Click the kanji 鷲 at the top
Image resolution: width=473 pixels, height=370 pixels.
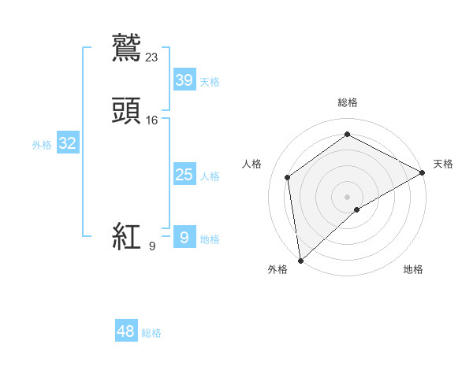click(x=126, y=46)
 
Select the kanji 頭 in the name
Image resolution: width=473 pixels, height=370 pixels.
click(x=126, y=110)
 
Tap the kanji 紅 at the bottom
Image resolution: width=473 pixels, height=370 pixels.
click(x=126, y=236)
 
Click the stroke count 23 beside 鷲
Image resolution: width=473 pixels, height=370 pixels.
click(x=152, y=57)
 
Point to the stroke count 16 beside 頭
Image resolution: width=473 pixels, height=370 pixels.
click(x=152, y=120)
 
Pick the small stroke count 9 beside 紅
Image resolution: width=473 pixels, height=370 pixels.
click(x=152, y=246)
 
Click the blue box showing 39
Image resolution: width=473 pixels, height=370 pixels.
click(x=184, y=80)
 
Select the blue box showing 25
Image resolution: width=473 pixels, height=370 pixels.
click(x=184, y=174)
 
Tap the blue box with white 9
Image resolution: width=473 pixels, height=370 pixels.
click(x=184, y=237)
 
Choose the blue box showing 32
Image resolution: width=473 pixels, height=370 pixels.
click(x=67, y=143)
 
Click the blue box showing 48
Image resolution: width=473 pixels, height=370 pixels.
click(x=126, y=331)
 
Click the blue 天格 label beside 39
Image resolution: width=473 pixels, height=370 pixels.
click(x=210, y=82)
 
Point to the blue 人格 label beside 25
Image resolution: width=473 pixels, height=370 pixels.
click(x=210, y=176)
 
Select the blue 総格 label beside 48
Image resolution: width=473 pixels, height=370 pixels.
click(x=151, y=334)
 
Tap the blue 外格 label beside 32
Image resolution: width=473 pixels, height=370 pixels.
click(x=42, y=145)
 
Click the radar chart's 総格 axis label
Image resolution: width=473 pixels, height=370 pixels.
click(x=348, y=102)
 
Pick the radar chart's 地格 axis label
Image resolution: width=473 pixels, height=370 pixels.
click(x=413, y=269)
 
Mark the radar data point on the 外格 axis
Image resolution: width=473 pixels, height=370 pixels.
click(x=300, y=260)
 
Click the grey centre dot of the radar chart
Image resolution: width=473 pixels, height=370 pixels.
click(x=347, y=196)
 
